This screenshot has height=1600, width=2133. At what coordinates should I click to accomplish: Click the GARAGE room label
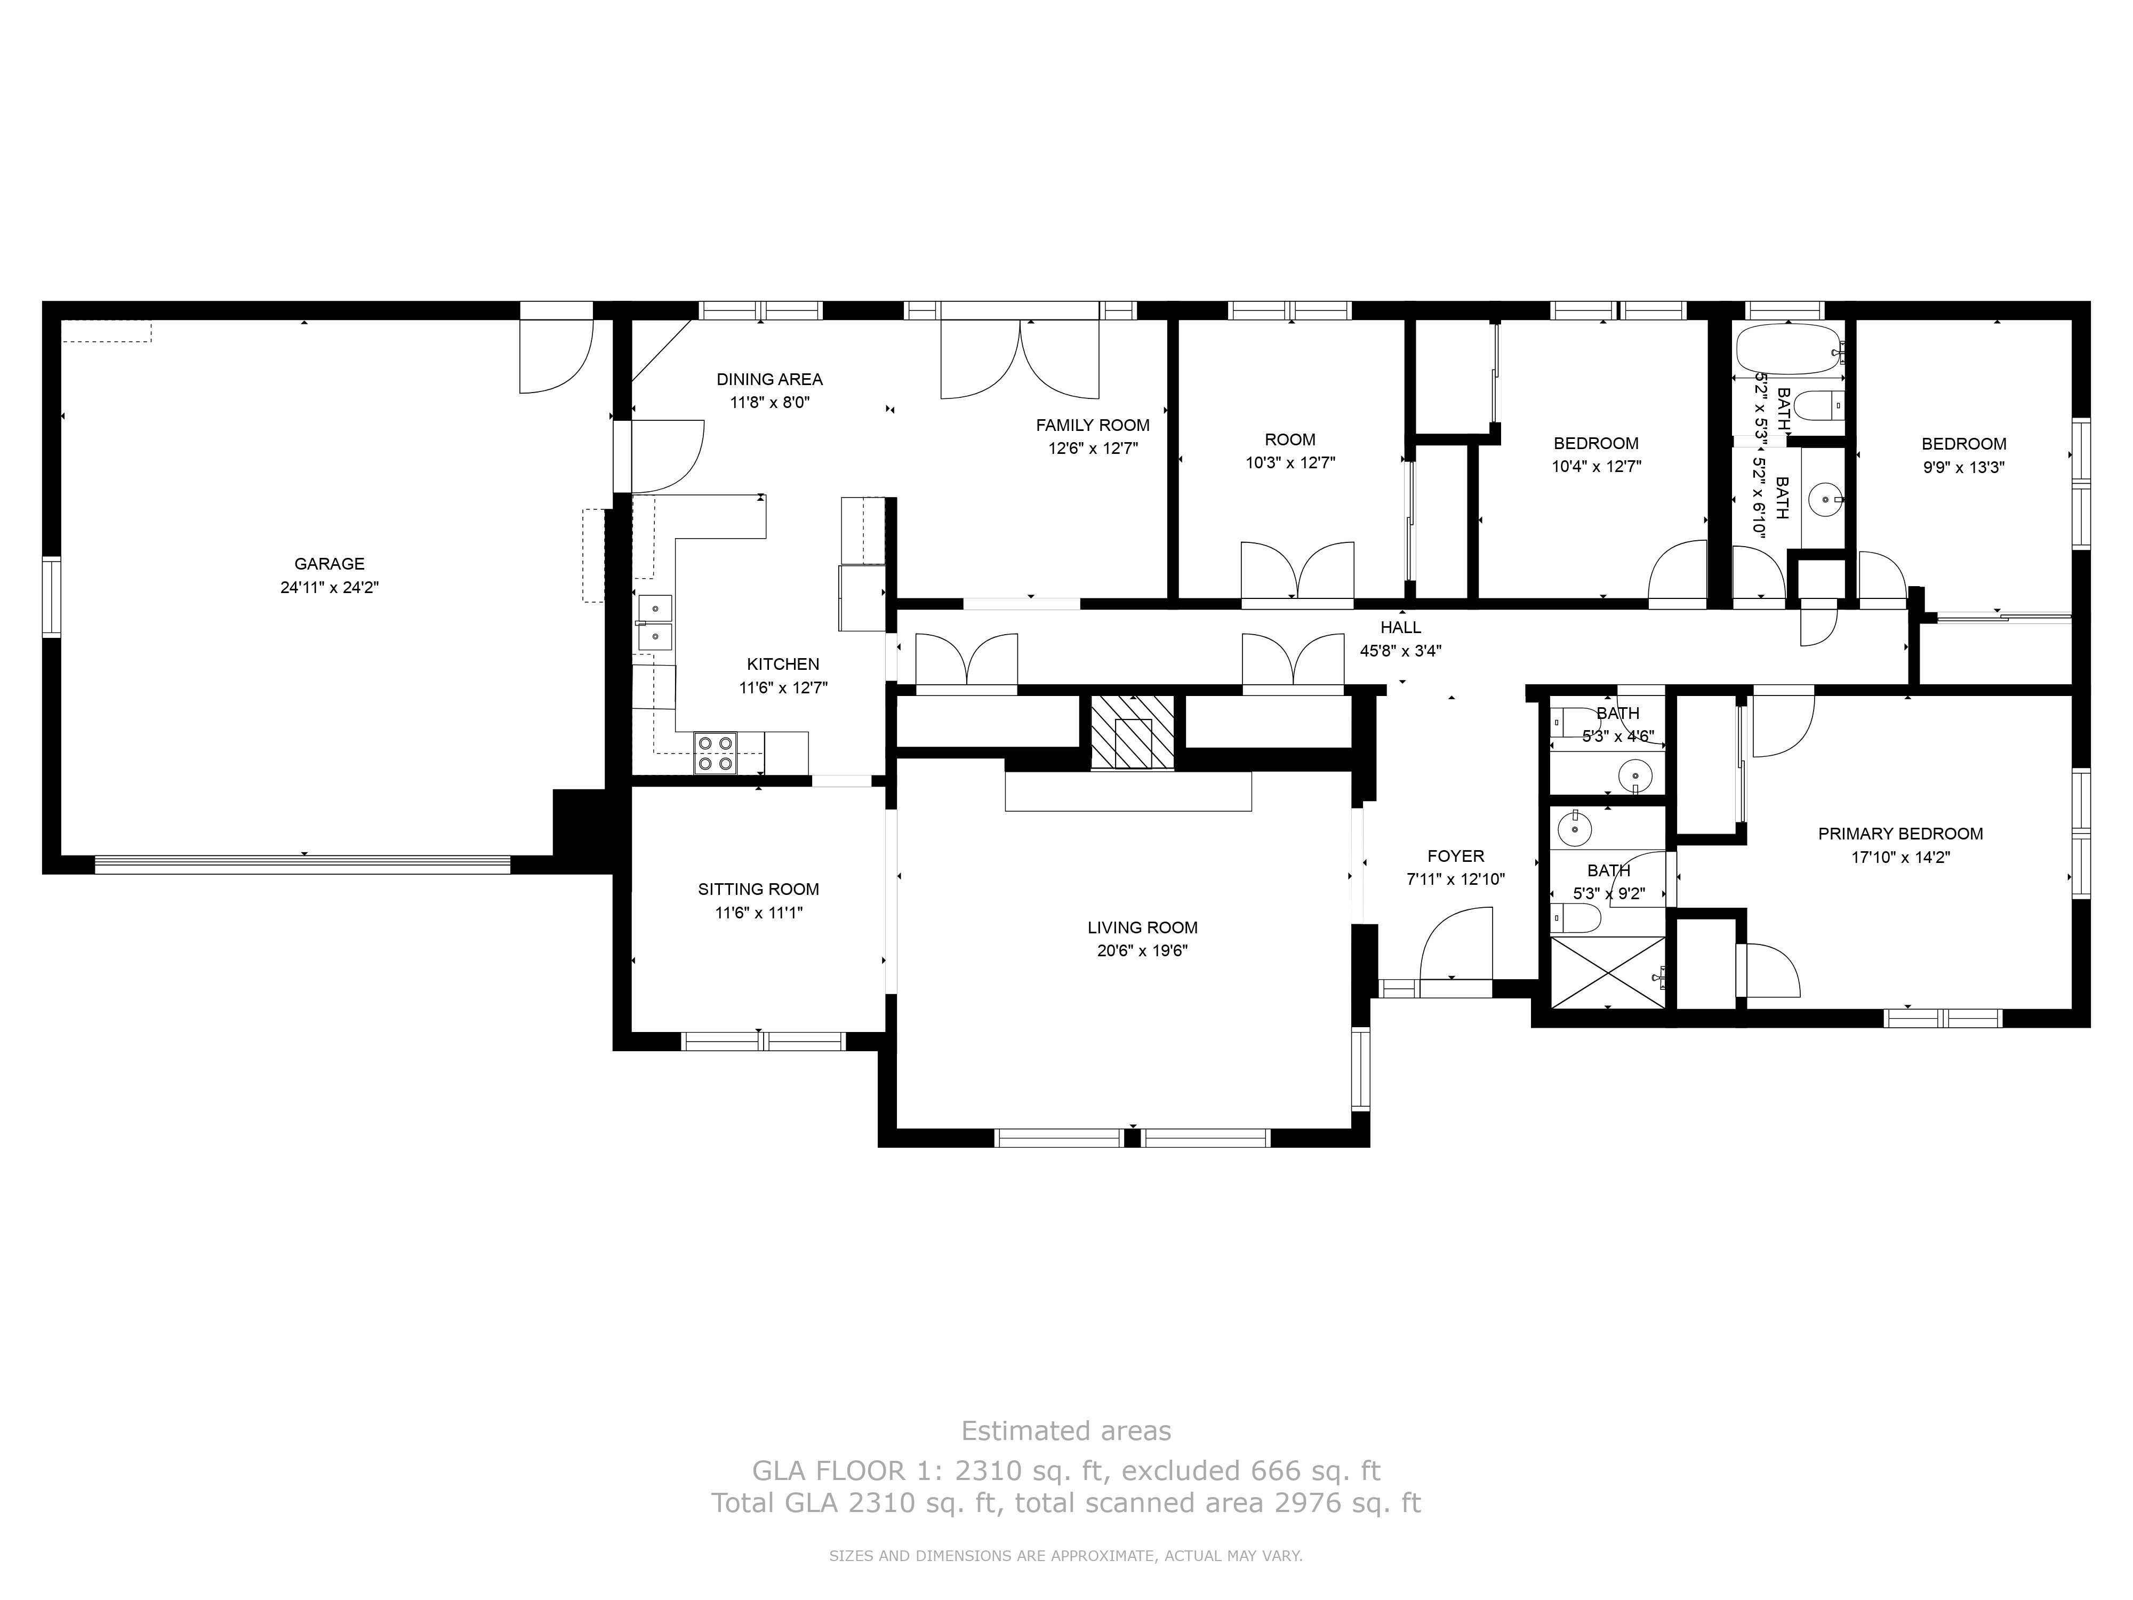coord(329,563)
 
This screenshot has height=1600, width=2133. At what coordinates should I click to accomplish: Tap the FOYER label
coord(1455,855)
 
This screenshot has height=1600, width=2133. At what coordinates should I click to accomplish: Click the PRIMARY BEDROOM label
coord(1899,833)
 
